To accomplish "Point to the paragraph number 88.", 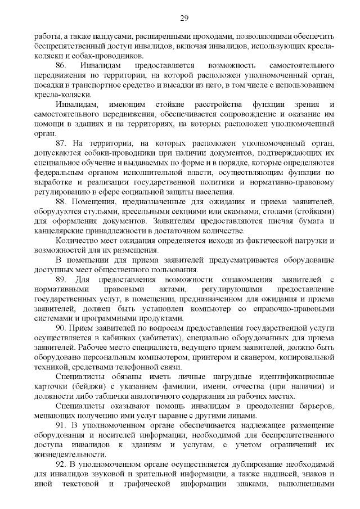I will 61,201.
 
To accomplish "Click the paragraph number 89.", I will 62,279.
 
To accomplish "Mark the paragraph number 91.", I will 61,424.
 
